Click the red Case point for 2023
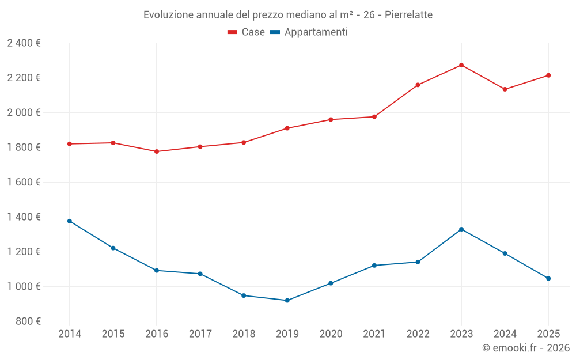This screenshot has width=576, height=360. (461, 65)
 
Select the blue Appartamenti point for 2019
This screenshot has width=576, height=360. (287, 300)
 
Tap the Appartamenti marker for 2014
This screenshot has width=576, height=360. (70, 221)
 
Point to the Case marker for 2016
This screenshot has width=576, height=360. (157, 151)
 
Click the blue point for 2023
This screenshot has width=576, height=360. (461, 229)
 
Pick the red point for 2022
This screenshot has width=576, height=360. (418, 85)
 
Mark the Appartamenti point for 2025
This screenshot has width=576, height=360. (548, 278)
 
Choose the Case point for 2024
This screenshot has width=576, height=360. (505, 89)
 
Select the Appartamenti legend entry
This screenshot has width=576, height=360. (309, 32)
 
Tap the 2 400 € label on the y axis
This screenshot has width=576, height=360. (24, 43)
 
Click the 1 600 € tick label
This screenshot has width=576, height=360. (24, 182)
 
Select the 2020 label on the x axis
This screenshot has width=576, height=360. (331, 334)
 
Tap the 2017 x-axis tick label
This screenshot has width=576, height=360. (200, 334)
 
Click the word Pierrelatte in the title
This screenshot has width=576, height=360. (408, 15)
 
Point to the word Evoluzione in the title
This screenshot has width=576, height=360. (168, 15)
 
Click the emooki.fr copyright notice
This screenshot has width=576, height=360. (525, 348)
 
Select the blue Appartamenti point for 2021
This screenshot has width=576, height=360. (374, 266)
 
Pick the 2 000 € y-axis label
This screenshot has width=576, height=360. (24, 112)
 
